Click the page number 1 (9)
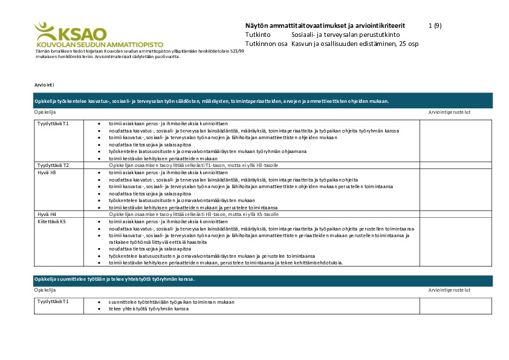[x=435, y=25]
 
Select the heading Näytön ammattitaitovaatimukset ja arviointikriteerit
[x=325, y=25]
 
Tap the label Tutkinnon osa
[x=265, y=44]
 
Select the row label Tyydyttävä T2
[x=53, y=165]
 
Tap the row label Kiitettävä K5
[x=51, y=221]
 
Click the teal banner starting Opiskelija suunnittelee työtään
[x=263, y=279]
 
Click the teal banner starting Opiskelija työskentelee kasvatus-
[x=263, y=101]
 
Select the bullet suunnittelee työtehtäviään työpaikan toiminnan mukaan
[x=171, y=301]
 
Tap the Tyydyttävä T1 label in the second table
[x=53, y=301]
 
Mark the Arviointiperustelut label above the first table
[x=449, y=113]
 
